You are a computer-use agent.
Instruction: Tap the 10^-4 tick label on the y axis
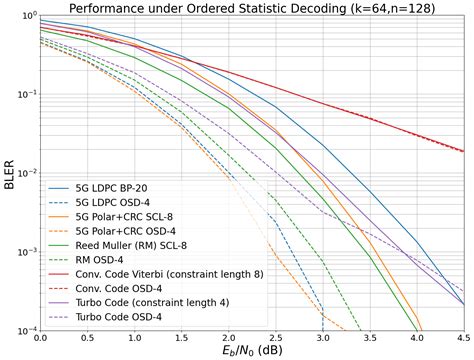click(24, 329)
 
